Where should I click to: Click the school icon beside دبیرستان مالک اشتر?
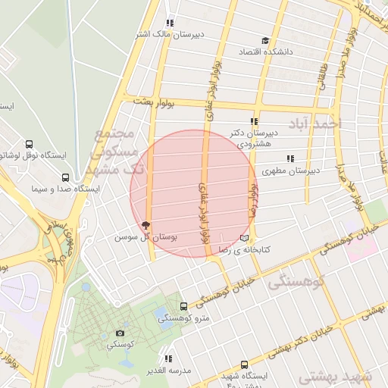point(170,23)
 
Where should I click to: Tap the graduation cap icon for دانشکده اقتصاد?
point(264,41)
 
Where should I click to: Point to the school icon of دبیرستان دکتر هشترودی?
point(255,121)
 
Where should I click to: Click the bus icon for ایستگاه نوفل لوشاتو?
point(29,144)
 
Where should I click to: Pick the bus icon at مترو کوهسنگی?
point(184,307)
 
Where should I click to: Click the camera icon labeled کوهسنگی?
point(120,333)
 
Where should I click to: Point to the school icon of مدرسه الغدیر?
point(169,358)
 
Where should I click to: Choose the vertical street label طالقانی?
point(324,79)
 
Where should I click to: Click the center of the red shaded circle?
point(191,193)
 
